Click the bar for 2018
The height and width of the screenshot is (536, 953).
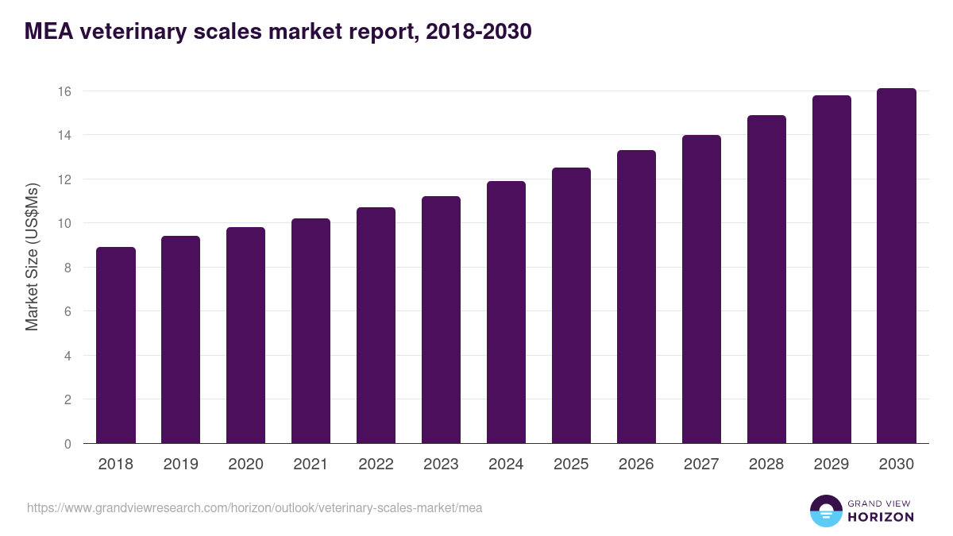pyautogui.click(x=116, y=345)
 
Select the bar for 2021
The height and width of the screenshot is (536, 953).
pyautogui.click(x=311, y=331)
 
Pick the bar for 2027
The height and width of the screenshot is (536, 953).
pyautogui.click(x=701, y=289)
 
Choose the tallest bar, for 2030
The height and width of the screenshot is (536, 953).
pyautogui.click(x=897, y=266)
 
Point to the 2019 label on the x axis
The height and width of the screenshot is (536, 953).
pyautogui.click(x=181, y=465)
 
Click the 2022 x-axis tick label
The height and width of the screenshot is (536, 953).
pyautogui.click(x=376, y=465)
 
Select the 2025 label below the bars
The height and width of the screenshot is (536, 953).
pyautogui.click(x=571, y=465)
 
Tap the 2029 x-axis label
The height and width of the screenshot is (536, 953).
pyautogui.click(x=831, y=465)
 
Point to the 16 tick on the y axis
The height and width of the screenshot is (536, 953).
pyautogui.click(x=64, y=91)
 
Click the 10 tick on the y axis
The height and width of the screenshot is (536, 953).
pyautogui.click(x=64, y=223)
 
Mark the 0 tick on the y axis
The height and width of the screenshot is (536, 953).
pyautogui.click(x=68, y=444)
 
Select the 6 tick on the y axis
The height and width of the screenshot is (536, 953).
pyautogui.click(x=68, y=312)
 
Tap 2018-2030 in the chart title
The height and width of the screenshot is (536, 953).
pyautogui.click(x=478, y=32)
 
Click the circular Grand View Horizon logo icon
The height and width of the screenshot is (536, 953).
pyautogui.click(x=826, y=511)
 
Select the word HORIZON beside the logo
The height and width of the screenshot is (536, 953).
pyautogui.click(x=880, y=517)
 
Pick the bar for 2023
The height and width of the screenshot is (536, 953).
pyautogui.click(x=441, y=320)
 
